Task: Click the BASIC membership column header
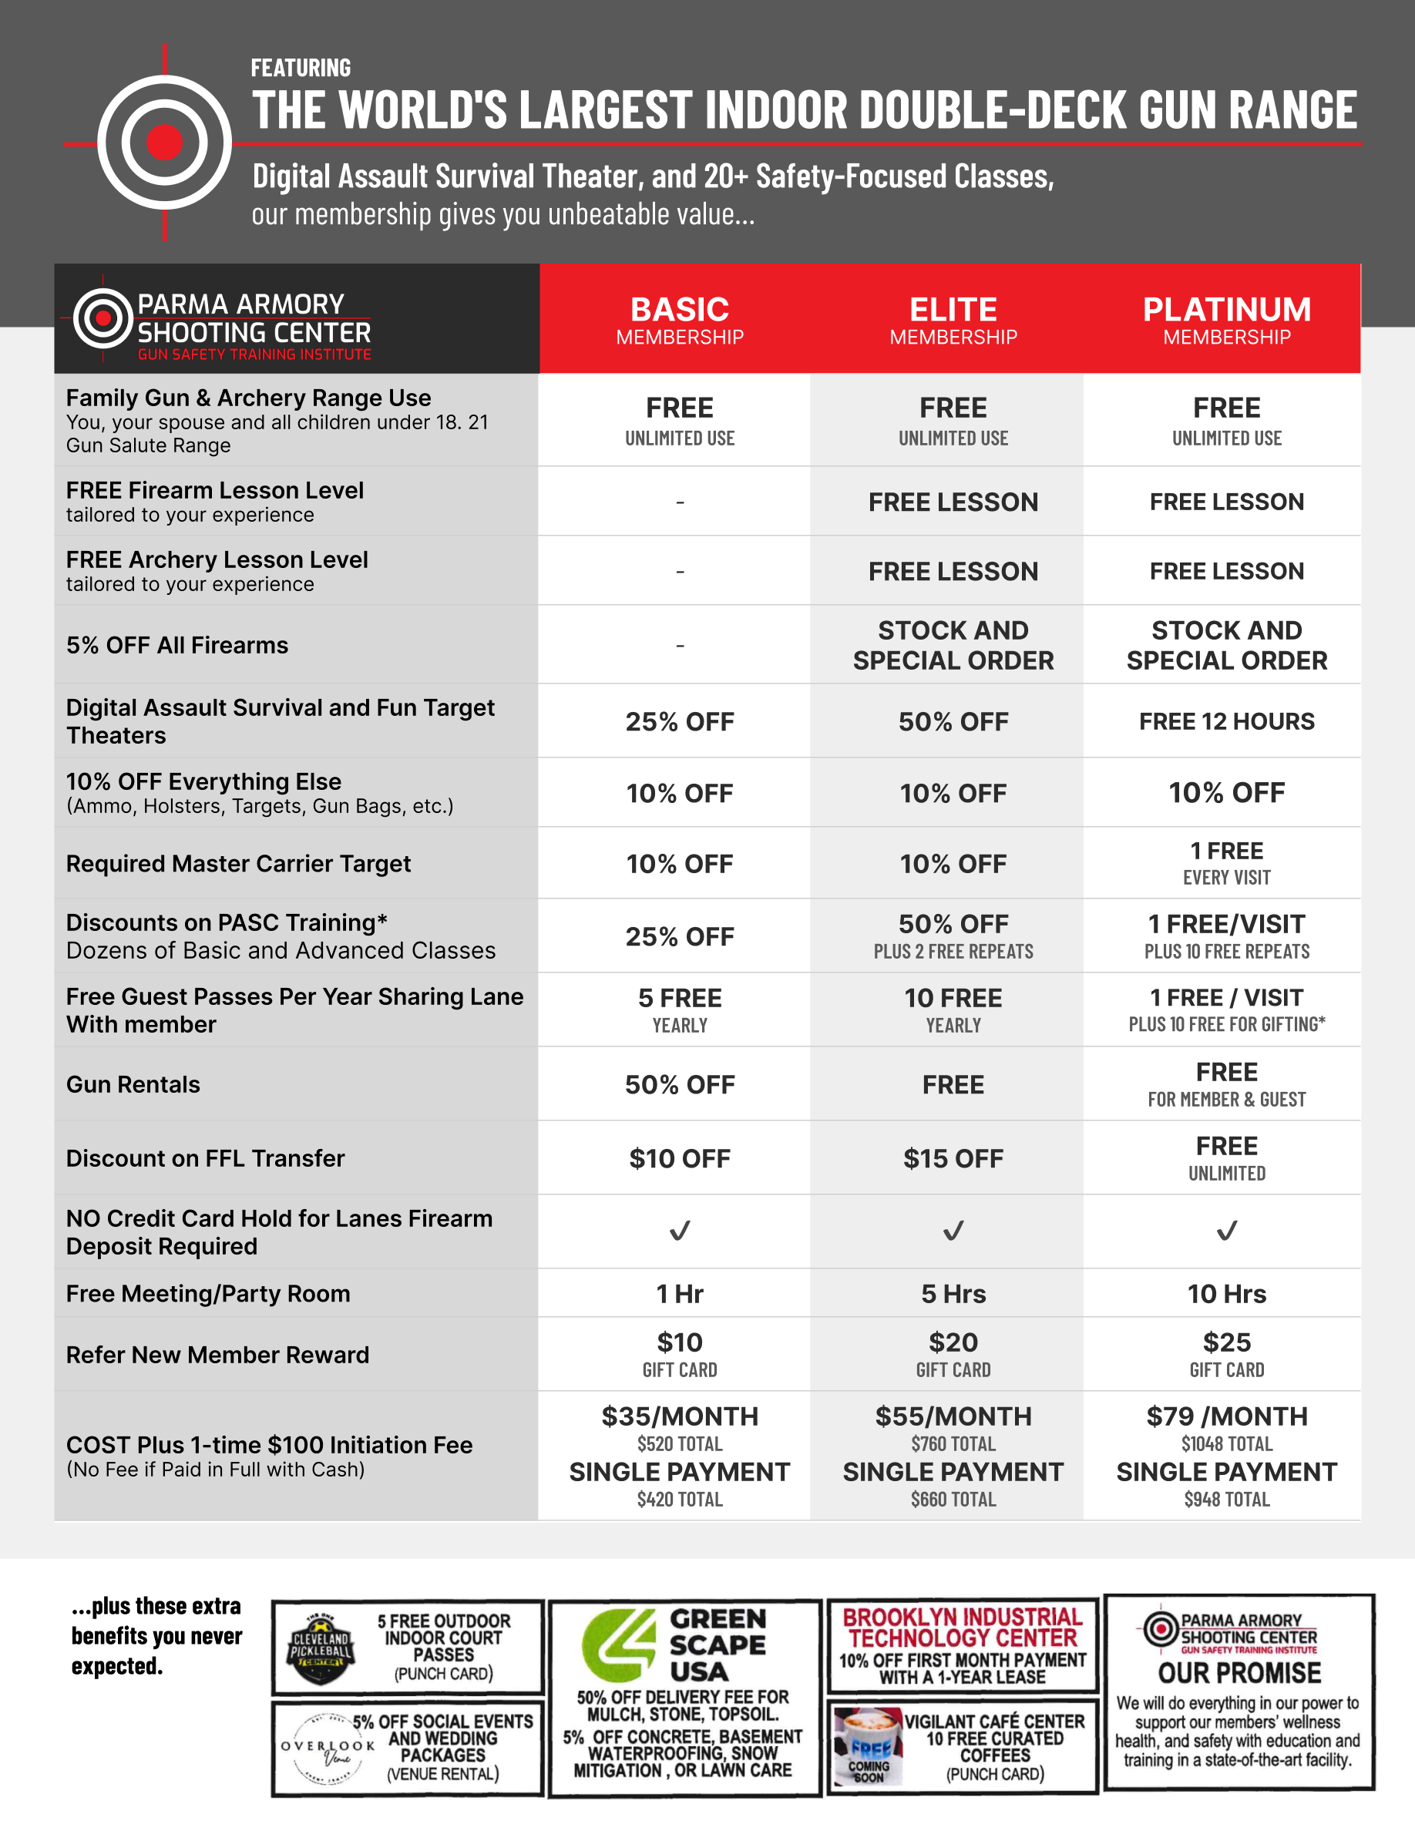679,319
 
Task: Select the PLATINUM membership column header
1226,319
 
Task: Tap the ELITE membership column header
953,319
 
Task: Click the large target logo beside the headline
164,143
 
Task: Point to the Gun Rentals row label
133,1084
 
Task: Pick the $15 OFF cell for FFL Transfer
953,1157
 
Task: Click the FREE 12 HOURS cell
1226,721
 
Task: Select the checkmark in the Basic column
679,1231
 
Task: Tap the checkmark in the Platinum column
1226,1231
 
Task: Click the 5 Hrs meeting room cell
953,1294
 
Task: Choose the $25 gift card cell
1226,1354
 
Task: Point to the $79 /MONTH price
1226,1416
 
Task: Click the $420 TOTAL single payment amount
679,1499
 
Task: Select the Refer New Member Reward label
217,1355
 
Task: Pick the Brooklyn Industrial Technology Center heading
963,1628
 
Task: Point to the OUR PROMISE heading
1239,1673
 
